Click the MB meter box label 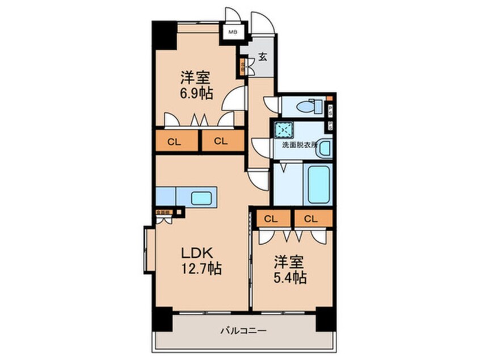tap(233, 32)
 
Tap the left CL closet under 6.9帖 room tap(174, 141)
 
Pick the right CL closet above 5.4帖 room tap(310, 218)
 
